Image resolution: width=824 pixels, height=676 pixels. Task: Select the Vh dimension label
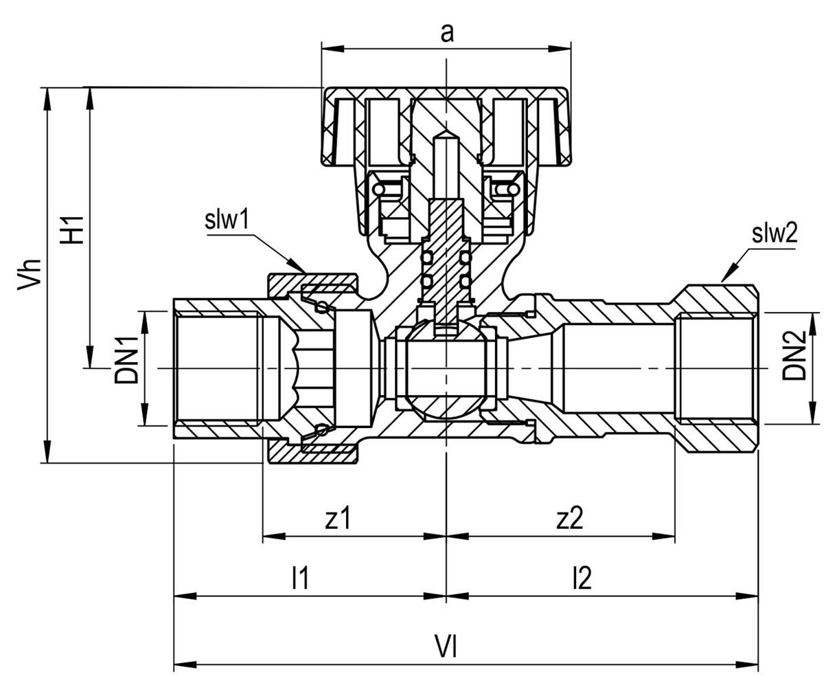[29, 274]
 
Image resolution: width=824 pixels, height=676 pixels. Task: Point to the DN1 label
[126, 359]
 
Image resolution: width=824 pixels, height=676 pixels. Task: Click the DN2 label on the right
[794, 355]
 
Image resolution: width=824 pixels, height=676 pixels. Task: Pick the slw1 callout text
[227, 221]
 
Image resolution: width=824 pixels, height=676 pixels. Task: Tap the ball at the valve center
[446, 368]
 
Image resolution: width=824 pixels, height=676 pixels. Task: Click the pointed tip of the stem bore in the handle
[446, 131]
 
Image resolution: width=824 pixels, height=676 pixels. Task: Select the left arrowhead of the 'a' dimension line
[332, 49]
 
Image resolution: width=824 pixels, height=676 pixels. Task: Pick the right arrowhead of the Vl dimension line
[746, 664]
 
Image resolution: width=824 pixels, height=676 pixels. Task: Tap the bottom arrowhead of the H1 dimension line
[89, 357]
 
